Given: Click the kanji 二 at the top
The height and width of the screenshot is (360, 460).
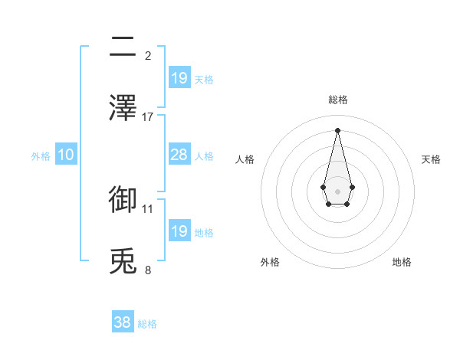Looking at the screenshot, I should click(x=123, y=47).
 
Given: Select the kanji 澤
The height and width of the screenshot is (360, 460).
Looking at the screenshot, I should click(x=123, y=108).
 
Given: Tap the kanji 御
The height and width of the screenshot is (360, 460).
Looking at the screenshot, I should click(x=123, y=199).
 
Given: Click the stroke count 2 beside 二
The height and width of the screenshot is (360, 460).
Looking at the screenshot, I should click(x=148, y=55).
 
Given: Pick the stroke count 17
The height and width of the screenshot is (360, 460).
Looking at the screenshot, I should click(x=148, y=116).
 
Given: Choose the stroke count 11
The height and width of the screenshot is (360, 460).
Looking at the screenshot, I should click(x=148, y=208).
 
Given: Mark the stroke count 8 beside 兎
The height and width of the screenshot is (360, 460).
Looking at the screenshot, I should click(x=148, y=269).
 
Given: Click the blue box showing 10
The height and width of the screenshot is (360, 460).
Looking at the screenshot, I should click(x=66, y=155).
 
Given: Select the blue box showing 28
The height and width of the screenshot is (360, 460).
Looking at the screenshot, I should click(x=179, y=155).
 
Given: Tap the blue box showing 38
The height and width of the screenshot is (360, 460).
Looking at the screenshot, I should click(x=123, y=322).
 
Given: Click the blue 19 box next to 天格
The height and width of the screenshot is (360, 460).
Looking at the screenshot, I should click(x=179, y=78).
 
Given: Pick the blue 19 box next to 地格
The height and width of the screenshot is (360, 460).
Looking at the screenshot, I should click(x=179, y=231).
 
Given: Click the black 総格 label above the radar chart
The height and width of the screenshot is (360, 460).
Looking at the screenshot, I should click(x=337, y=100).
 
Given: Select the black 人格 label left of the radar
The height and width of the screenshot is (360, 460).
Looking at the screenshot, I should click(x=245, y=159).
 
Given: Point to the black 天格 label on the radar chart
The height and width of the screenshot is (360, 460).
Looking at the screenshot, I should click(x=431, y=159).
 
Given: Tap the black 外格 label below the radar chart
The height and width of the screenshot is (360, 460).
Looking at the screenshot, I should click(x=270, y=262).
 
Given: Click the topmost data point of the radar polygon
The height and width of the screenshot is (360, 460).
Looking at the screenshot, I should click(x=337, y=129).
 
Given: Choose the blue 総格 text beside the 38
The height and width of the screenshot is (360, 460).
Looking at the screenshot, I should click(x=147, y=324).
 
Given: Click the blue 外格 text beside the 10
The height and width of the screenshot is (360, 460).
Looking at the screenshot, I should click(x=41, y=156).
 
